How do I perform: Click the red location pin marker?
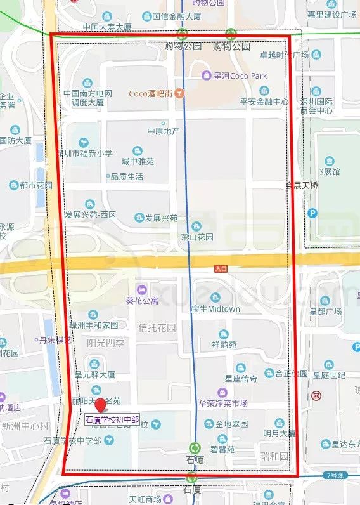pos(100,406)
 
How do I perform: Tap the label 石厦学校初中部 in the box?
pos(112,419)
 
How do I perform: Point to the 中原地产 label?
pos(164,131)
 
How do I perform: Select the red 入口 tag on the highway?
pos(221,269)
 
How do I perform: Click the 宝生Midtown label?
pos(215,308)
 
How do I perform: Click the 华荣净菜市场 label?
pos(223,403)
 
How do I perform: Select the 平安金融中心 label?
pos(264,102)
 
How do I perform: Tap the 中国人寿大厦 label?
pos(107,27)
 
